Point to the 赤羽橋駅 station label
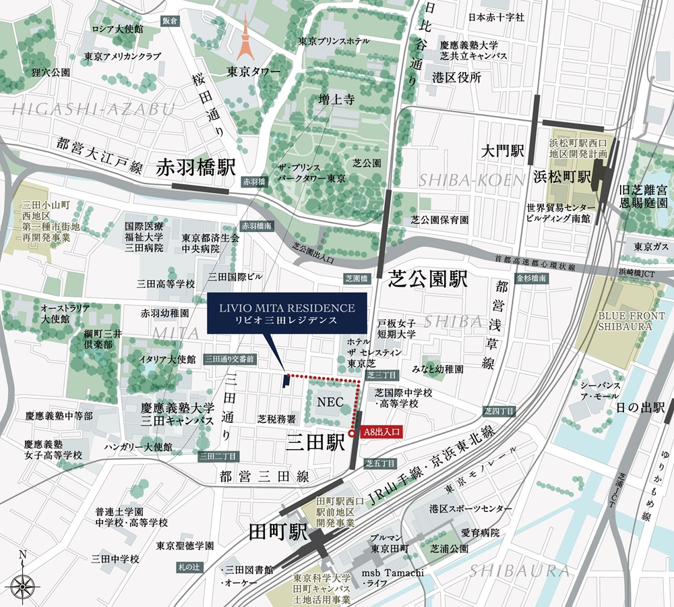pyautogui.click(x=195, y=168)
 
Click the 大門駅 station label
pyautogui.click(x=502, y=150)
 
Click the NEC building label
pyautogui.click(x=330, y=401)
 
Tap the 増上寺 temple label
pyautogui.click(x=337, y=100)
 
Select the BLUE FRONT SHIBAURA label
pyautogui.click(x=625, y=320)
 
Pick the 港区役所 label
pyautogui.click(x=457, y=78)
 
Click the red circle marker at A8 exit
pyautogui.click(x=352, y=434)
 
